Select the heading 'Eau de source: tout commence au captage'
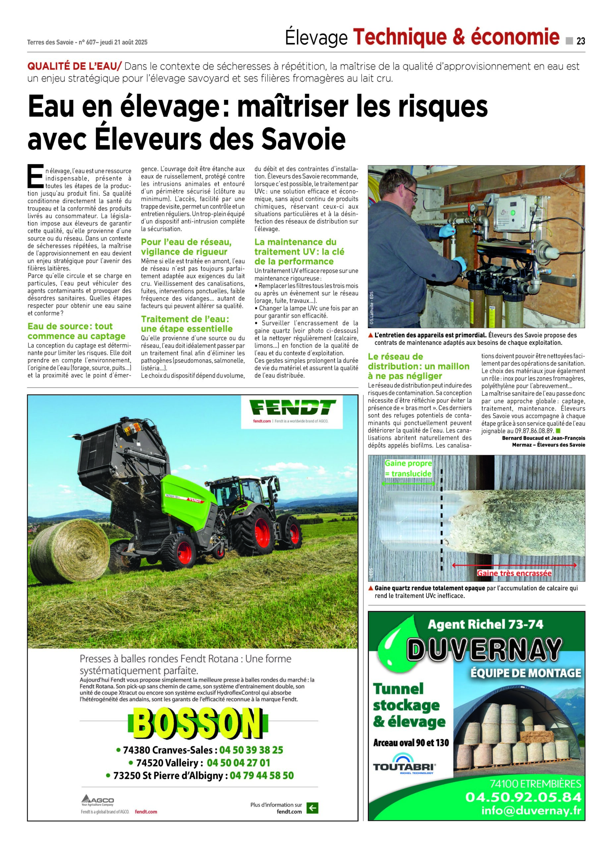click(x=76, y=331)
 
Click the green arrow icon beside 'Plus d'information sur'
click(x=312, y=808)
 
